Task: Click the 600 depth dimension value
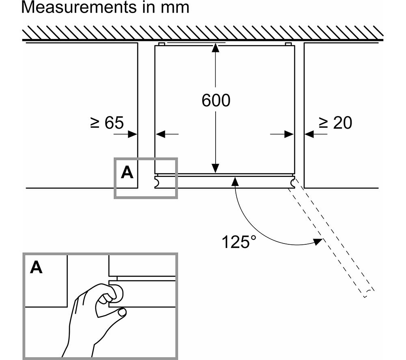pos(216,100)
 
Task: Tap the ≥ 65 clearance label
pos(107,123)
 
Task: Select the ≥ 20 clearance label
pos(335,123)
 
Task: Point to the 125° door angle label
pos(239,242)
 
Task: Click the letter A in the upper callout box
pos(127,172)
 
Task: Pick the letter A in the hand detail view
pos(36,267)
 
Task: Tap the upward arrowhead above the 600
pos(216,48)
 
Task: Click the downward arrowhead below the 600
pos(216,168)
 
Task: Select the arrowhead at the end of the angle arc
pos(318,241)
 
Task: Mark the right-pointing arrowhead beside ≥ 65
pos(133,134)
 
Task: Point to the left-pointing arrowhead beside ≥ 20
pos(309,134)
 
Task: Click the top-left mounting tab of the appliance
pos(161,44)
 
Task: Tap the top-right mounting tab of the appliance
pos(288,44)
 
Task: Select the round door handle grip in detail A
pos(117,293)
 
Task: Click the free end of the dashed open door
pos(369,293)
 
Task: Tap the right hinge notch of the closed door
pos(293,182)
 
